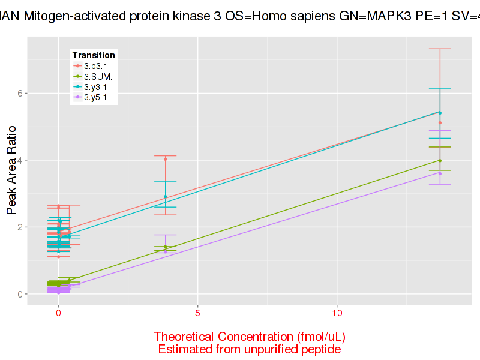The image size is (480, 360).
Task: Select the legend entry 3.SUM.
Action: (x=97, y=76)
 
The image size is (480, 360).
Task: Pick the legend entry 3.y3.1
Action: (x=95, y=86)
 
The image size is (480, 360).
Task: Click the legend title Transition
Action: (x=94, y=55)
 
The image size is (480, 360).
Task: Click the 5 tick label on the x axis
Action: (x=197, y=314)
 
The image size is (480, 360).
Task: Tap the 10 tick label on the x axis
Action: (x=337, y=314)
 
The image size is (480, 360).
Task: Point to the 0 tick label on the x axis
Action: (x=58, y=314)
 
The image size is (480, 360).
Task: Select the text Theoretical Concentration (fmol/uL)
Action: (x=249, y=336)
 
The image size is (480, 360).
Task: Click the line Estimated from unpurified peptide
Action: (x=249, y=349)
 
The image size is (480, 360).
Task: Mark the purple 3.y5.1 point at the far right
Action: (x=440, y=173)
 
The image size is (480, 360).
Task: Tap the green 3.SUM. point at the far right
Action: (x=440, y=160)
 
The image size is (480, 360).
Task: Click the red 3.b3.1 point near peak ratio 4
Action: (x=166, y=159)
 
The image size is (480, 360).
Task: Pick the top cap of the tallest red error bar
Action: (x=440, y=49)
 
